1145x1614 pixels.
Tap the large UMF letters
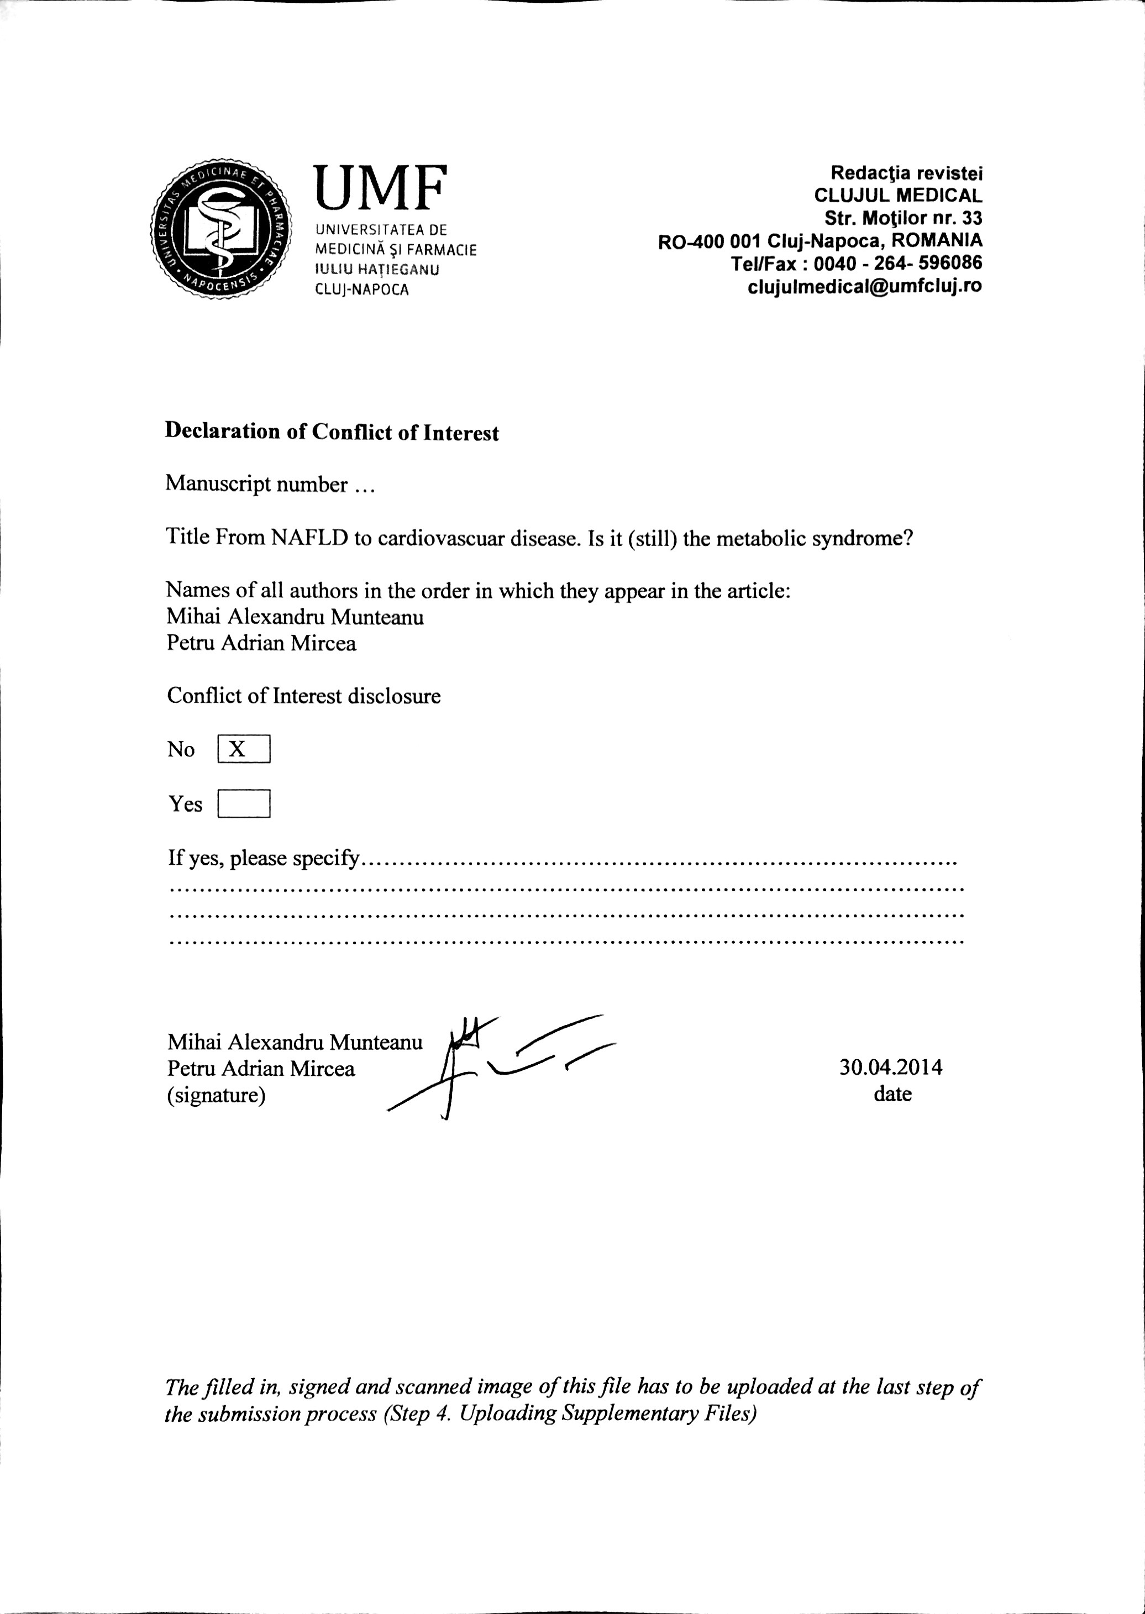(380, 188)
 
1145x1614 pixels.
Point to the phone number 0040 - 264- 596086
(897, 264)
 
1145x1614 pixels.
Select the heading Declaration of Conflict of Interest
(332, 432)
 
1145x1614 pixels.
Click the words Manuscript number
(256, 485)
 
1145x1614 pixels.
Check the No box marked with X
(244, 749)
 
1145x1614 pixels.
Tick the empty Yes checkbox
(244, 803)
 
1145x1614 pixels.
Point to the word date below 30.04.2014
(892, 1094)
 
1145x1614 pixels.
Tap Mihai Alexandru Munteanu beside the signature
(295, 1042)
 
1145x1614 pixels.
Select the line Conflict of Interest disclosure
(304, 696)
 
